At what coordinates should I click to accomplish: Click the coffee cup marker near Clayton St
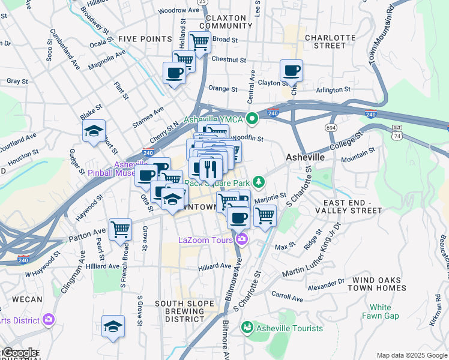click(291, 71)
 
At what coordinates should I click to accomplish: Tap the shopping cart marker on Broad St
click(200, 42)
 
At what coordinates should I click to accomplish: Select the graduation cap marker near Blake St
click(94, 131)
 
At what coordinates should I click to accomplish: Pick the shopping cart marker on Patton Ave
click(121, 229)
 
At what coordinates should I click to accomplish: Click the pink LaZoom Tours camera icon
click(242, 240)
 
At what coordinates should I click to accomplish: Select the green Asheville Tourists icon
click(247, 328)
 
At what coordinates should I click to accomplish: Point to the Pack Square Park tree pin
click(259, 181)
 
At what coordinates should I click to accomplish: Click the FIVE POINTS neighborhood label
click(145, 38)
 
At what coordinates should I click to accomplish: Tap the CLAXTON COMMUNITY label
click(226, 22)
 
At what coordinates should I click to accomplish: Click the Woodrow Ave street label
click(179, 10)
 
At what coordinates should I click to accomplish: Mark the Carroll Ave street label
click(288, 296)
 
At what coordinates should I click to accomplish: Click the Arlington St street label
click(333, 89)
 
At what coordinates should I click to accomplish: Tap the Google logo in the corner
click(20, 353)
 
